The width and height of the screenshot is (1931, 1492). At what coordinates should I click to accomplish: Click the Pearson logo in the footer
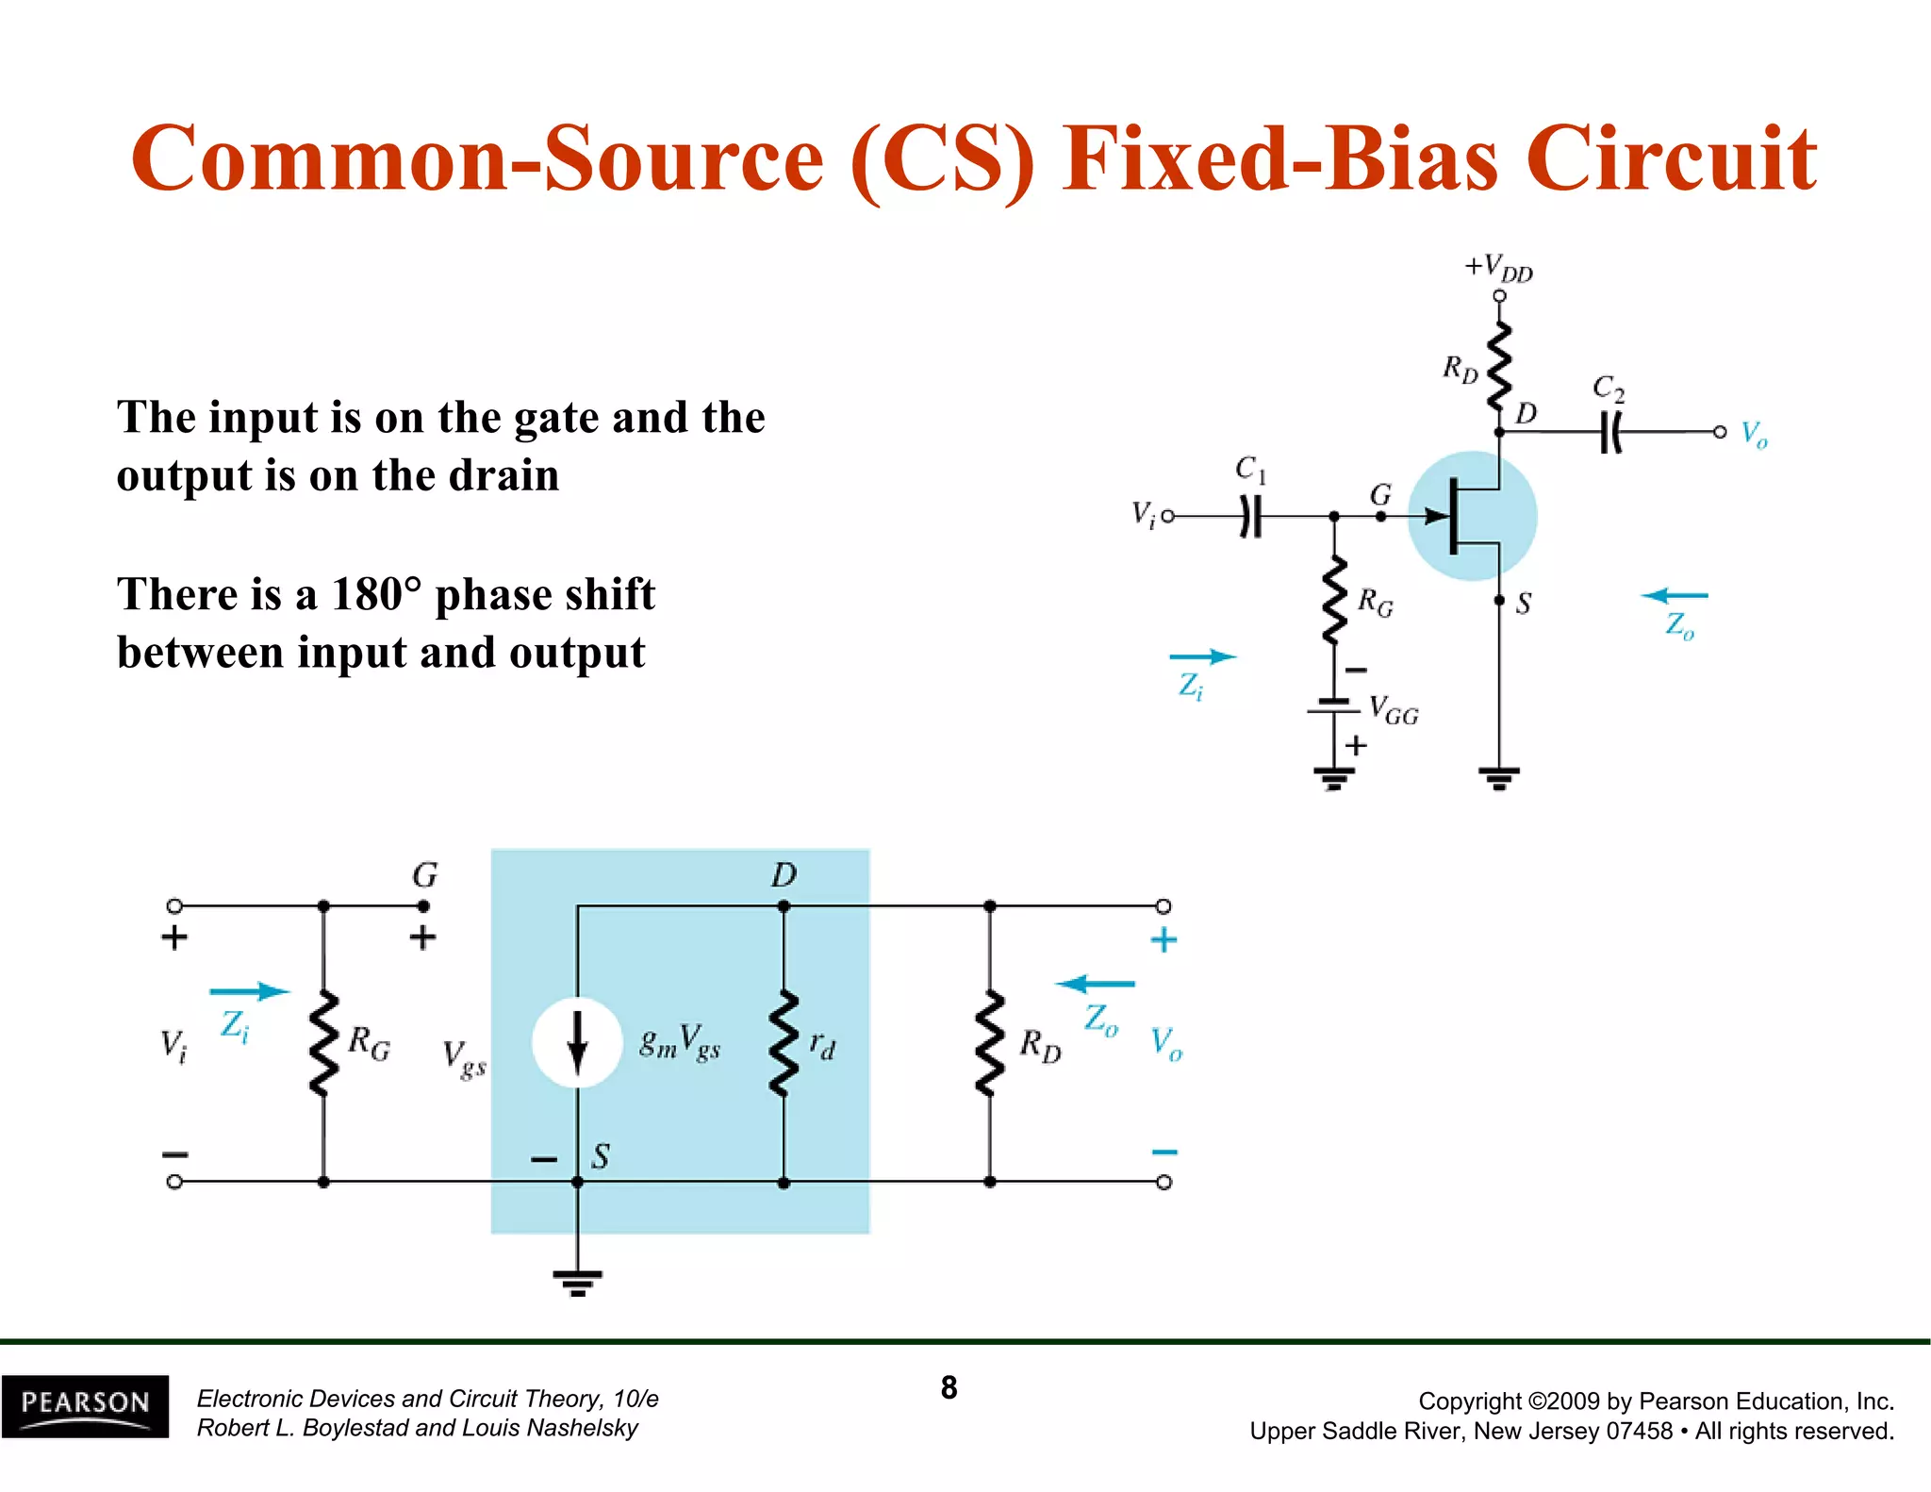tap(85, 1405)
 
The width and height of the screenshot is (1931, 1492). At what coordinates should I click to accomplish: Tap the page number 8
tap(949, 1387)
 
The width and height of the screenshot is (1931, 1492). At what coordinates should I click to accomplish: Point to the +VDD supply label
tap(1498, 268)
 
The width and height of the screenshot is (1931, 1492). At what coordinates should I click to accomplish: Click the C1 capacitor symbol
tap(1250, 517)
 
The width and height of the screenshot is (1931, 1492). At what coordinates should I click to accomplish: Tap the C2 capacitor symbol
tap(1610, 433)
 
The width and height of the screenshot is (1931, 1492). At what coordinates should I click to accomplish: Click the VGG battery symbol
tap(1333, 706)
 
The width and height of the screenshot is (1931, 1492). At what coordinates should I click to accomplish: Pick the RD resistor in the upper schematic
tap(1498, 367)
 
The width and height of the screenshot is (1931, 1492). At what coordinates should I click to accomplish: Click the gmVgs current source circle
tap(577, 1042)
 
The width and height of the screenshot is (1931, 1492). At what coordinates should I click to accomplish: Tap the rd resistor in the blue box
tap(784, 1043)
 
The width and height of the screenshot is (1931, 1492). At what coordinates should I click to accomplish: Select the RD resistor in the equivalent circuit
tap(989, 1043)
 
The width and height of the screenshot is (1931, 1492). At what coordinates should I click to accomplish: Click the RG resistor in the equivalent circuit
tap(323, 1043)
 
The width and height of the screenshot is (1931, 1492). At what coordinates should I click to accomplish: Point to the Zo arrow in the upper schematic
tap(1675, 596)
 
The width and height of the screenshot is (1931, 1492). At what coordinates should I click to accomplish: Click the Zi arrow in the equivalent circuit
tap(249, 991)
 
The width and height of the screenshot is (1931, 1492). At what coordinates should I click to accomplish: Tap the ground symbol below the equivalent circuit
tap(577, 1282)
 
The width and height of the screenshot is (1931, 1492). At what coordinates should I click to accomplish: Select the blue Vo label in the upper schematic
tap(1754, 435)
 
